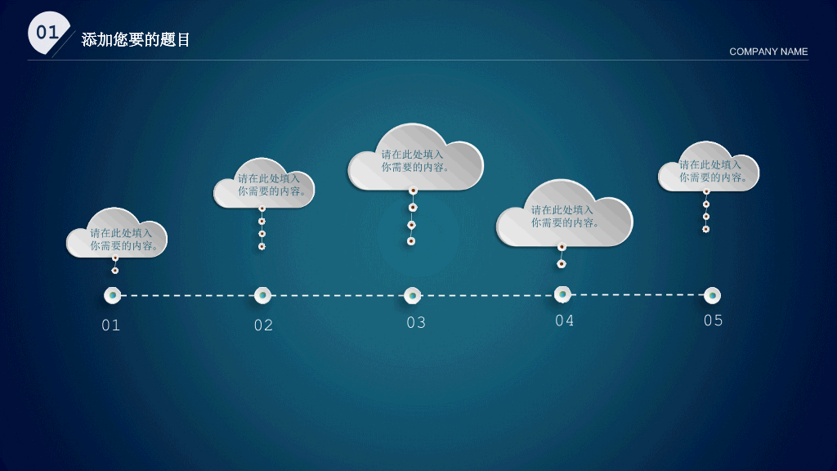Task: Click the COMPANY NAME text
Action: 768,52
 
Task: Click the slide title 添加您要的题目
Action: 136,39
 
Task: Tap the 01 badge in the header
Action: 48,33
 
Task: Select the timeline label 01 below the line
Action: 110,325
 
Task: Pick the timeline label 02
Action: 263,325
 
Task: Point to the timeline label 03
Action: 416,322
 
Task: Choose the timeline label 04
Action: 564,321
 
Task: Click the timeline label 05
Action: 713,321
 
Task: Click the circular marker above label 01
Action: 112,295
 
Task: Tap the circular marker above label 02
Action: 262,295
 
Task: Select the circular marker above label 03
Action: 412,295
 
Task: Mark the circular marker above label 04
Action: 562,294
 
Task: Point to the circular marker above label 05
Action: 712,295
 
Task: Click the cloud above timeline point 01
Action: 116,233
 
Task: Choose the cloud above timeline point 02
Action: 264,183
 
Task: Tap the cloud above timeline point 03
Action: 415,157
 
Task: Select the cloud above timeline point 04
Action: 564,213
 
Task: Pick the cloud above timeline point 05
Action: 709,167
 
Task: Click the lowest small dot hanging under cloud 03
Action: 411,241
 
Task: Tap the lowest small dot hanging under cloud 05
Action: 705,229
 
